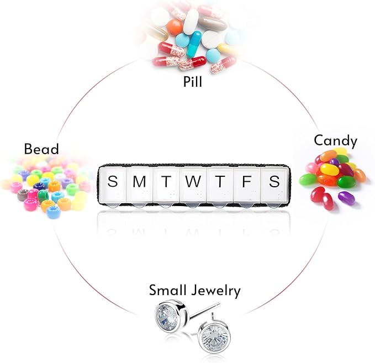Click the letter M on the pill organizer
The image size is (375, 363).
[139, 181]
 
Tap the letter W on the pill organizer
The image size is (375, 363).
[193, 181]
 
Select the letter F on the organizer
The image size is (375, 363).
[246, 181]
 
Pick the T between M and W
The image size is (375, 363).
[166, 181]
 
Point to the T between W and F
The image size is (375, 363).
[220, 181]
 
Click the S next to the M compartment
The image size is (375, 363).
[113, 181]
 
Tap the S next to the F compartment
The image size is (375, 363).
[274, 181]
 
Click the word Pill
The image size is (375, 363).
[193, 81]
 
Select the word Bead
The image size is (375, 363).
[41, 149]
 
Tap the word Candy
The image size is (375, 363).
[336, 141]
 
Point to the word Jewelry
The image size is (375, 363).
[216, 291]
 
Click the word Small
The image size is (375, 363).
[168, 290]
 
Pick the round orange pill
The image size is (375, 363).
[175, 27]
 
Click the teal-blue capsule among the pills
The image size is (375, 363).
[193, 44]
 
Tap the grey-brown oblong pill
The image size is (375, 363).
[212, 23]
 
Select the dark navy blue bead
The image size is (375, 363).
[39, 186]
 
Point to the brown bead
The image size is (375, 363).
[23, 195]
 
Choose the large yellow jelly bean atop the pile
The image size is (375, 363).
[329, 169]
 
